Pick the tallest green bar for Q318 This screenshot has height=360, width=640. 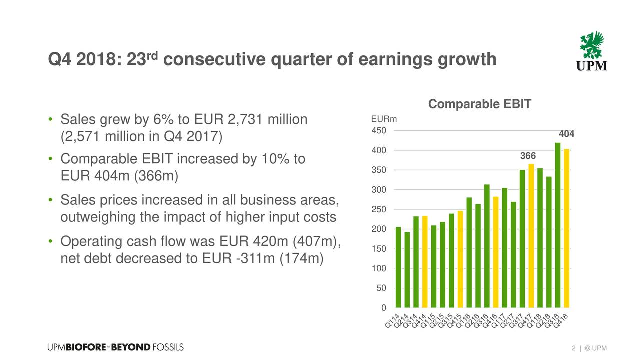(x=558, y=225)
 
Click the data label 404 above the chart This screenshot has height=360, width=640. (x=566, y=134)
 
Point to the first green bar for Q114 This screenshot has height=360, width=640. (x=398, y=267)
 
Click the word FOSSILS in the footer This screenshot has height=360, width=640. (x=168, y=347)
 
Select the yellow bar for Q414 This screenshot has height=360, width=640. (x=425, y=261)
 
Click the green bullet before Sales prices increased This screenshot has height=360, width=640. (x=51, y=200)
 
